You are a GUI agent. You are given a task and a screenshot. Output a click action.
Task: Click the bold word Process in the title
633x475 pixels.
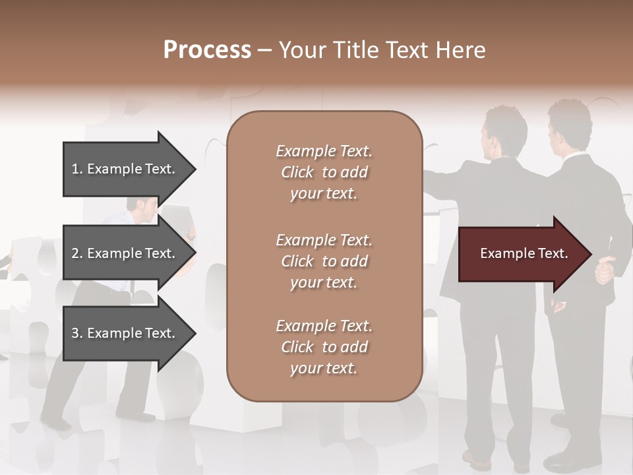[207, 50]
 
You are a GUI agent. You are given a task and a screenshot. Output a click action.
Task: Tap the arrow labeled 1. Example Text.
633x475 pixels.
[125, 169]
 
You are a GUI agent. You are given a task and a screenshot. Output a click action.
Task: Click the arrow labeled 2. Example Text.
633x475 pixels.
[125, 253]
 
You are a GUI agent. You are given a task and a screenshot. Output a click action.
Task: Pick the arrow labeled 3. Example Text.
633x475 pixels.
[125, 333]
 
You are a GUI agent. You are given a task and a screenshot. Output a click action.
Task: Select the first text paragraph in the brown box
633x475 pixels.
[324, 172]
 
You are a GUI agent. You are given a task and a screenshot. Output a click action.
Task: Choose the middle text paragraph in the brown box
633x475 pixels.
[324, 261]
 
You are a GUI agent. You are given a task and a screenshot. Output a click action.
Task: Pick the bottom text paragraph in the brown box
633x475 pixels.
[324, 347]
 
